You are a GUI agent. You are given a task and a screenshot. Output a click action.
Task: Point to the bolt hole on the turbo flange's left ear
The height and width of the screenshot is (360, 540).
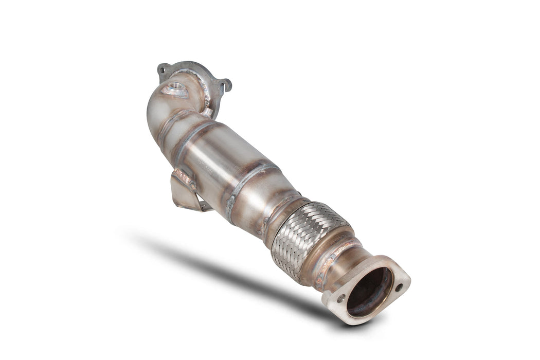[164, 68]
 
